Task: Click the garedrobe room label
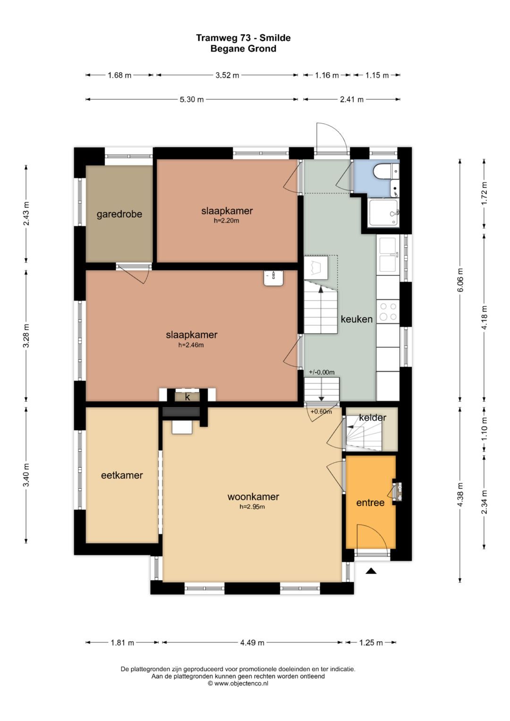tap(119, 214)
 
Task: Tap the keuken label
tap(357, 319)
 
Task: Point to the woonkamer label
tap(253, 497)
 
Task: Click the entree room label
tap(370, 503)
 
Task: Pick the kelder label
tap(373, 417)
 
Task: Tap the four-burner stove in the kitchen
tap(388, 312)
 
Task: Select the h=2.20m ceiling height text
tap(226, 221)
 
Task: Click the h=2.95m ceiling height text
tap(252, 507)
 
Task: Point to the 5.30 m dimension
tap(192, 100)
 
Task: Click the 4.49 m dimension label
tap(252, 642)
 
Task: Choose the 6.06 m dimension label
tap(460, 280)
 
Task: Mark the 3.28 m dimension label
tap(26, 336)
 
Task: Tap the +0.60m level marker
tap(321, 411)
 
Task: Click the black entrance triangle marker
tap(371, 571)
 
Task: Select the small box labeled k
tap(187, 397)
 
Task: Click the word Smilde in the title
tap(275, 38)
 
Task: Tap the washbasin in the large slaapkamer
tap(273, 278)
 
